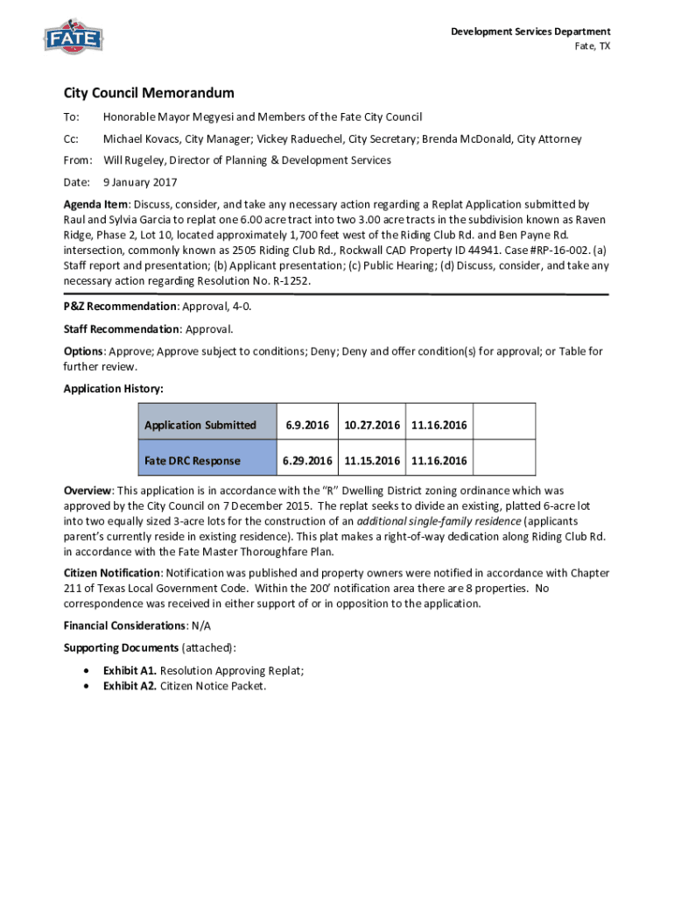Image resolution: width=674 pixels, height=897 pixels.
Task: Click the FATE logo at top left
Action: pos(74,39)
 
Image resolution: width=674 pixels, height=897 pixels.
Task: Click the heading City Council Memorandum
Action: pos(149,93)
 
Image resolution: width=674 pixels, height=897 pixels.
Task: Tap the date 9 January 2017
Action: pos(140,183)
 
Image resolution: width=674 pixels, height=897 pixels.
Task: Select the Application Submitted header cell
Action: pos(200,426)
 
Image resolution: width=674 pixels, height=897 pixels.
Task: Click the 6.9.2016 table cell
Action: pos(305,426)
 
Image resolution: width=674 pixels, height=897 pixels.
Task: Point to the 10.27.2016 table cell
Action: pos(372,426)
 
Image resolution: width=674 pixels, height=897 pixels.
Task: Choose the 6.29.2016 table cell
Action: pos(305,461)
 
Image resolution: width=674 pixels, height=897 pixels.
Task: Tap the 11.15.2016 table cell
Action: pos(372,461)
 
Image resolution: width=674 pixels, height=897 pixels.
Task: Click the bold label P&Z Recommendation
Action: pos(120,307)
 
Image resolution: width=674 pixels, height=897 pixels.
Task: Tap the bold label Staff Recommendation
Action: pos(121,329)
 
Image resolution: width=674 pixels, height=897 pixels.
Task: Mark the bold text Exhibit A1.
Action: pos(130,671)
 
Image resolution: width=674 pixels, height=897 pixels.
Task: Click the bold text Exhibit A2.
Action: pos(130,686)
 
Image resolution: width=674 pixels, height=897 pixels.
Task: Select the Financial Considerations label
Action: pos(125,626)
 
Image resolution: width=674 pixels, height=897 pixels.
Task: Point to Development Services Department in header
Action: pos(530,32)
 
